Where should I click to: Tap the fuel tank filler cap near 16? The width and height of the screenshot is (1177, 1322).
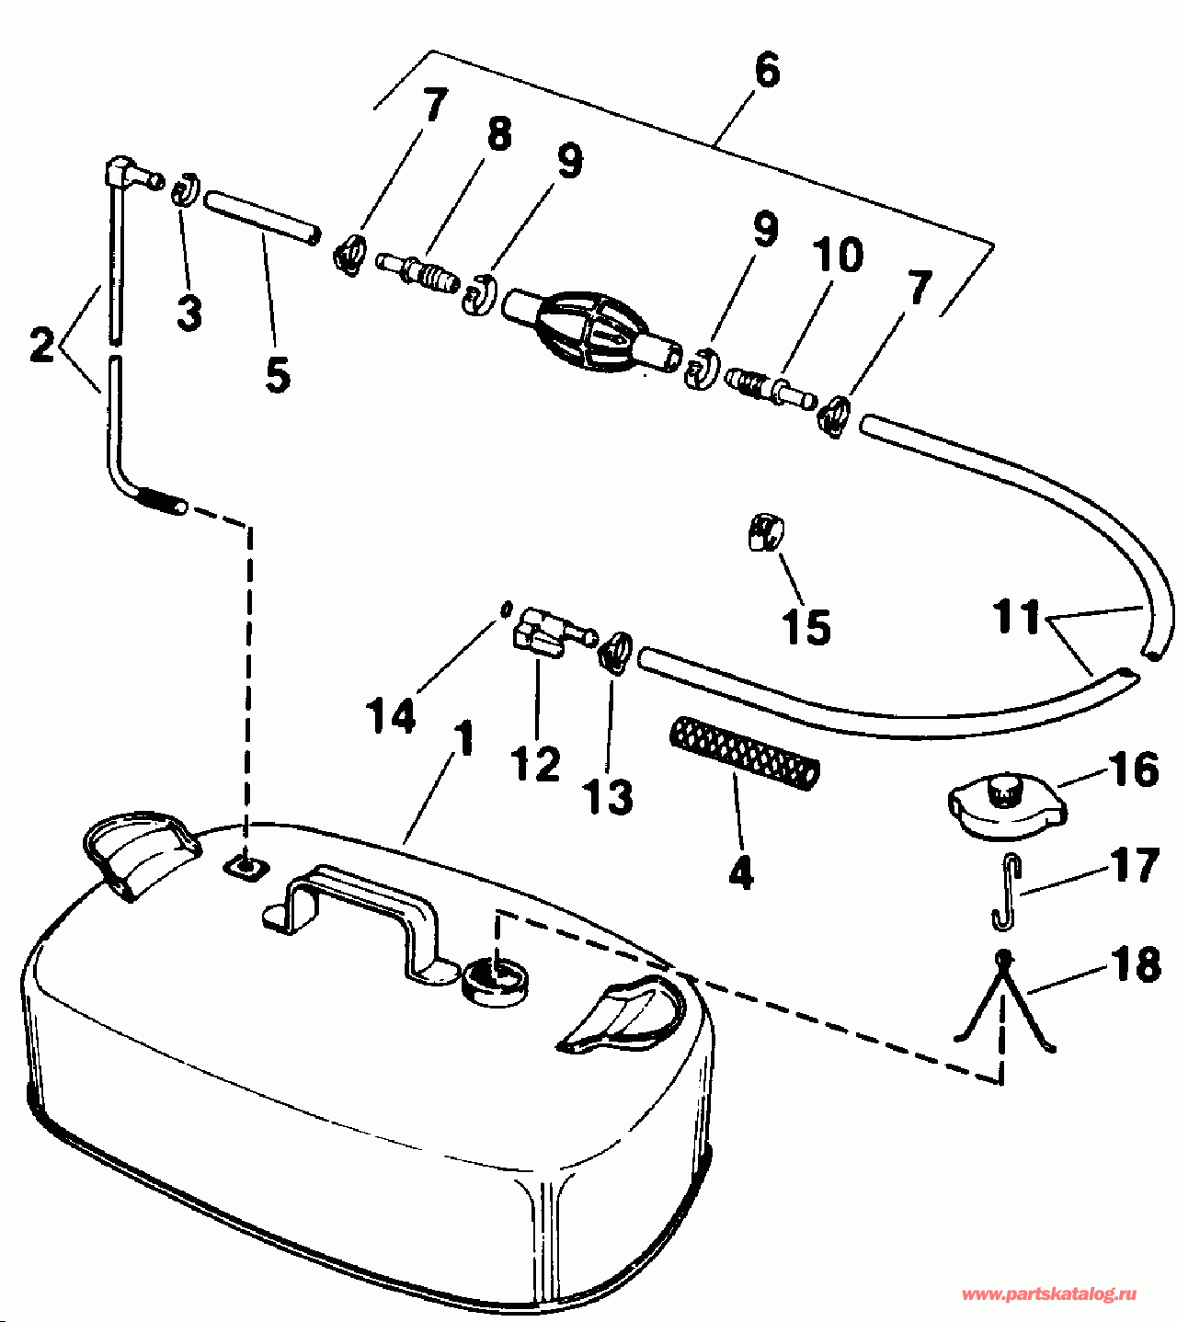(x=1005, y=805)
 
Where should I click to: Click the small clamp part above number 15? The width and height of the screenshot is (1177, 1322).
(x=766, y=534)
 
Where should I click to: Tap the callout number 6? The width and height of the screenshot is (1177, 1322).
(x=766, y=72)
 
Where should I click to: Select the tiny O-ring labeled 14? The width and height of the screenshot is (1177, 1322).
(x=505, y=608)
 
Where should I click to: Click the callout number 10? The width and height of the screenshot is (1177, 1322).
(x=837, y=255)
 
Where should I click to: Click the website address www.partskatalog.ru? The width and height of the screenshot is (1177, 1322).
(x=1048, y=1294)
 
